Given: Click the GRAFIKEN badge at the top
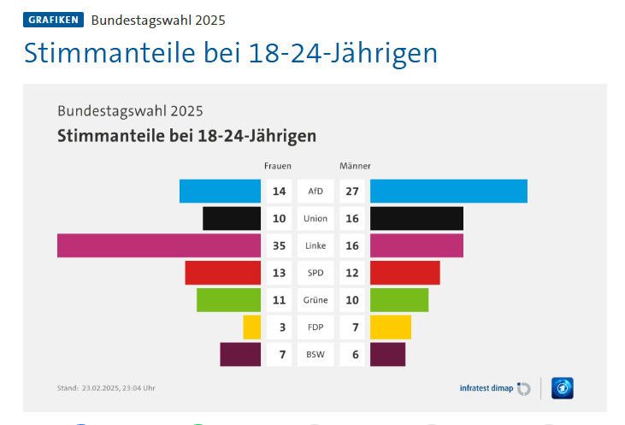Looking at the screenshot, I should click(x=53, y=20).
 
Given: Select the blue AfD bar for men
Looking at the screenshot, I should click(x=448, y=191).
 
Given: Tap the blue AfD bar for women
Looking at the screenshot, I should click(x=220, y=191).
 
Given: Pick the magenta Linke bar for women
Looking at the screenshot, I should click(x=159, y=245).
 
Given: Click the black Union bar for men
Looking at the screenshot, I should click(x=416, y=218).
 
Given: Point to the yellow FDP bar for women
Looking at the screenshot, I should click(x=251, y=327).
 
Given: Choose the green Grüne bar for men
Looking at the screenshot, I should click(x=398, y=299).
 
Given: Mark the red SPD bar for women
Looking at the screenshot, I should click(x=222, y=272).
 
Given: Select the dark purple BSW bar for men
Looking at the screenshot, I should click(x=387, y=354).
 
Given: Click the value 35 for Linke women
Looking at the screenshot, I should click(x=279, y=245).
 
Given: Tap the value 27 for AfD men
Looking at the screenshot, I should click(x=352, y=191).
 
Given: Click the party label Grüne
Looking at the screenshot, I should click(x=315, y=300).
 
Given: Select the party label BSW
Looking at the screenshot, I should click(x=315, y=354).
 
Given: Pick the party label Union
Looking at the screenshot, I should click(x=315, y=218).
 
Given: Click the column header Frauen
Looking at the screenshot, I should click(x=278, y=166).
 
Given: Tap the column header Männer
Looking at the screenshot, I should click(x=355, y=166).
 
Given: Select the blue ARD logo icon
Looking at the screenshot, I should click(x=562, y=388).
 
